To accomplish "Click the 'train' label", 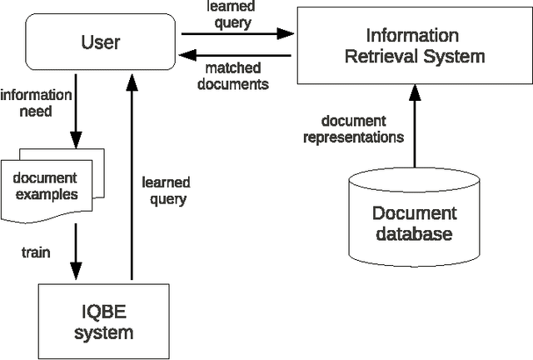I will [x=36, y=252].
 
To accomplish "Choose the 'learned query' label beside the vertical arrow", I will [x=165, y=190].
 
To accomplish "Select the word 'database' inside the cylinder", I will [x=414, y=233].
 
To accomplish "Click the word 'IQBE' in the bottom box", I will [x=103, y=312].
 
